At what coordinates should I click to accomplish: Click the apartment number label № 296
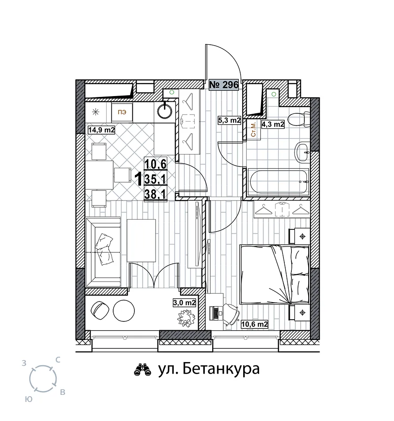[x=224, y=85]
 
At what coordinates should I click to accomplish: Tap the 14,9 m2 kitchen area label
[x=102, y=130]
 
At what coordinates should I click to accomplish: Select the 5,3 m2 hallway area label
[x=229, y=120]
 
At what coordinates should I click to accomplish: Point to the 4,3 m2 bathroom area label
[x=273, y=124]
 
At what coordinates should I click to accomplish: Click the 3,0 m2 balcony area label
[x=184, y=303]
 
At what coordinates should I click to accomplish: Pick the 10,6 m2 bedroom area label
[x=255, y=324]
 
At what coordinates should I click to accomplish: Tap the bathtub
[x=278, y=182]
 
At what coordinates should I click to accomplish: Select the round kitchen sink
[x=164, y=111]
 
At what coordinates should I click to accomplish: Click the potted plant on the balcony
[x=185, y=318]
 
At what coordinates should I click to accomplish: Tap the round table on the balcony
[x=124, y=310]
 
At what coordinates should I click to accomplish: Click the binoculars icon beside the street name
[x=142, y=370]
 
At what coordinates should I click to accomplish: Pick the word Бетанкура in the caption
[x=222, y=369]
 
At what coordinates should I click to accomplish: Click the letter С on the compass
[x=57, y=359]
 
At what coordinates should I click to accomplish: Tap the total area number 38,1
[x=156, y=194]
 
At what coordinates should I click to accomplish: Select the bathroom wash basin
[x=302, y=152]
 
